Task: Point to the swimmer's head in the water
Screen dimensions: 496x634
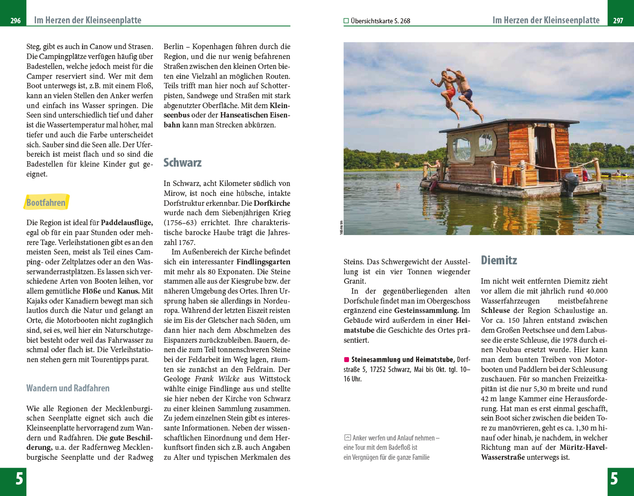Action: pyautogui.click(x=397, y=186)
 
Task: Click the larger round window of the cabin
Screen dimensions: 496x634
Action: pyautogui.click(x=462, y=148)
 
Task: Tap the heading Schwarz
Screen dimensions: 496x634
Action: pyautogui.click(x=182, y=163)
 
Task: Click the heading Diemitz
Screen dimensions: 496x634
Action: pyautogui.click(x=499, y=260)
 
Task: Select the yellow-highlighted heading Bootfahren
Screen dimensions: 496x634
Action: pyautogui.click(x=46, y=202)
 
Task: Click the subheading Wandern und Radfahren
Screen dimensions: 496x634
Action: pyautogui.click(x=68, y=388)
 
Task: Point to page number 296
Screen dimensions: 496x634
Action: pyautogui.click(x=15, y=21)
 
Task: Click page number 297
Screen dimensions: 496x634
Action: pyautogui.click(x=618, y=21)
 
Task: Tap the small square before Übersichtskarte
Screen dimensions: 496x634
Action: pyautogui.click(x=346, y=21)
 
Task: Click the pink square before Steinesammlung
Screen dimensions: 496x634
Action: pyautogui.click(x=347, y=360)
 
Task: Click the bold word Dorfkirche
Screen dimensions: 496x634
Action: pyautogui.click(x=272, y=203)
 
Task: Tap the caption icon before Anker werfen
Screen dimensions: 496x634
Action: pyautogui.click(x=348, y=437)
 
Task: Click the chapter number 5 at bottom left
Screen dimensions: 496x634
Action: pyautogui.click(x=19, y=479)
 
